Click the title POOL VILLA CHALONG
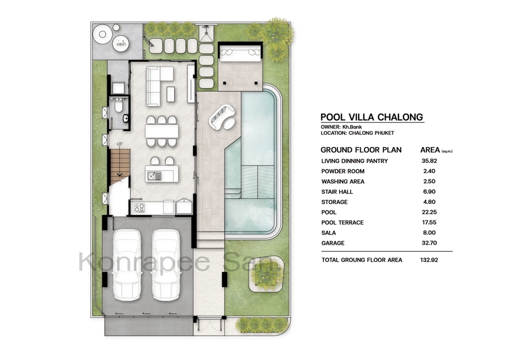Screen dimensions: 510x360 coord(372,117)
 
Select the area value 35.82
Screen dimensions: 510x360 coord(429,161)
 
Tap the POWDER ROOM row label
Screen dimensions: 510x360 coord(343,172)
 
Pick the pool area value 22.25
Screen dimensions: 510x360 coord(429,212)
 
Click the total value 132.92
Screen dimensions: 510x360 coord(429,260)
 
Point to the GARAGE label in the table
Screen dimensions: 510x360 coord(333,243)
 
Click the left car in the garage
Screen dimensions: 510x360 coord(127,265)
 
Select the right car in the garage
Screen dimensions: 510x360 coord(166,265)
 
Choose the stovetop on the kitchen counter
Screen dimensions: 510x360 coord(139,208)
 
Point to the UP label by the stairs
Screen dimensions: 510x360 coord(120,144)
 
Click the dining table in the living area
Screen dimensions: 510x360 coord(161,131)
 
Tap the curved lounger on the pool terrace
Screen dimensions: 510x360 coord(222,116)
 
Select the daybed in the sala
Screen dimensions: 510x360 coord(240,53)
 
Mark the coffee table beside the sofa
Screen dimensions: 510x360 coord(171,95)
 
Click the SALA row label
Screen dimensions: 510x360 coord(328,233)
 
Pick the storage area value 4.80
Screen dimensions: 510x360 coord(429,202)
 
